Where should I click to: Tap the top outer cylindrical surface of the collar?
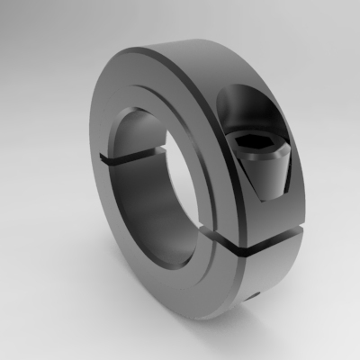[207, 49]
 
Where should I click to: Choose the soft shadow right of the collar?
[328, 270]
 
